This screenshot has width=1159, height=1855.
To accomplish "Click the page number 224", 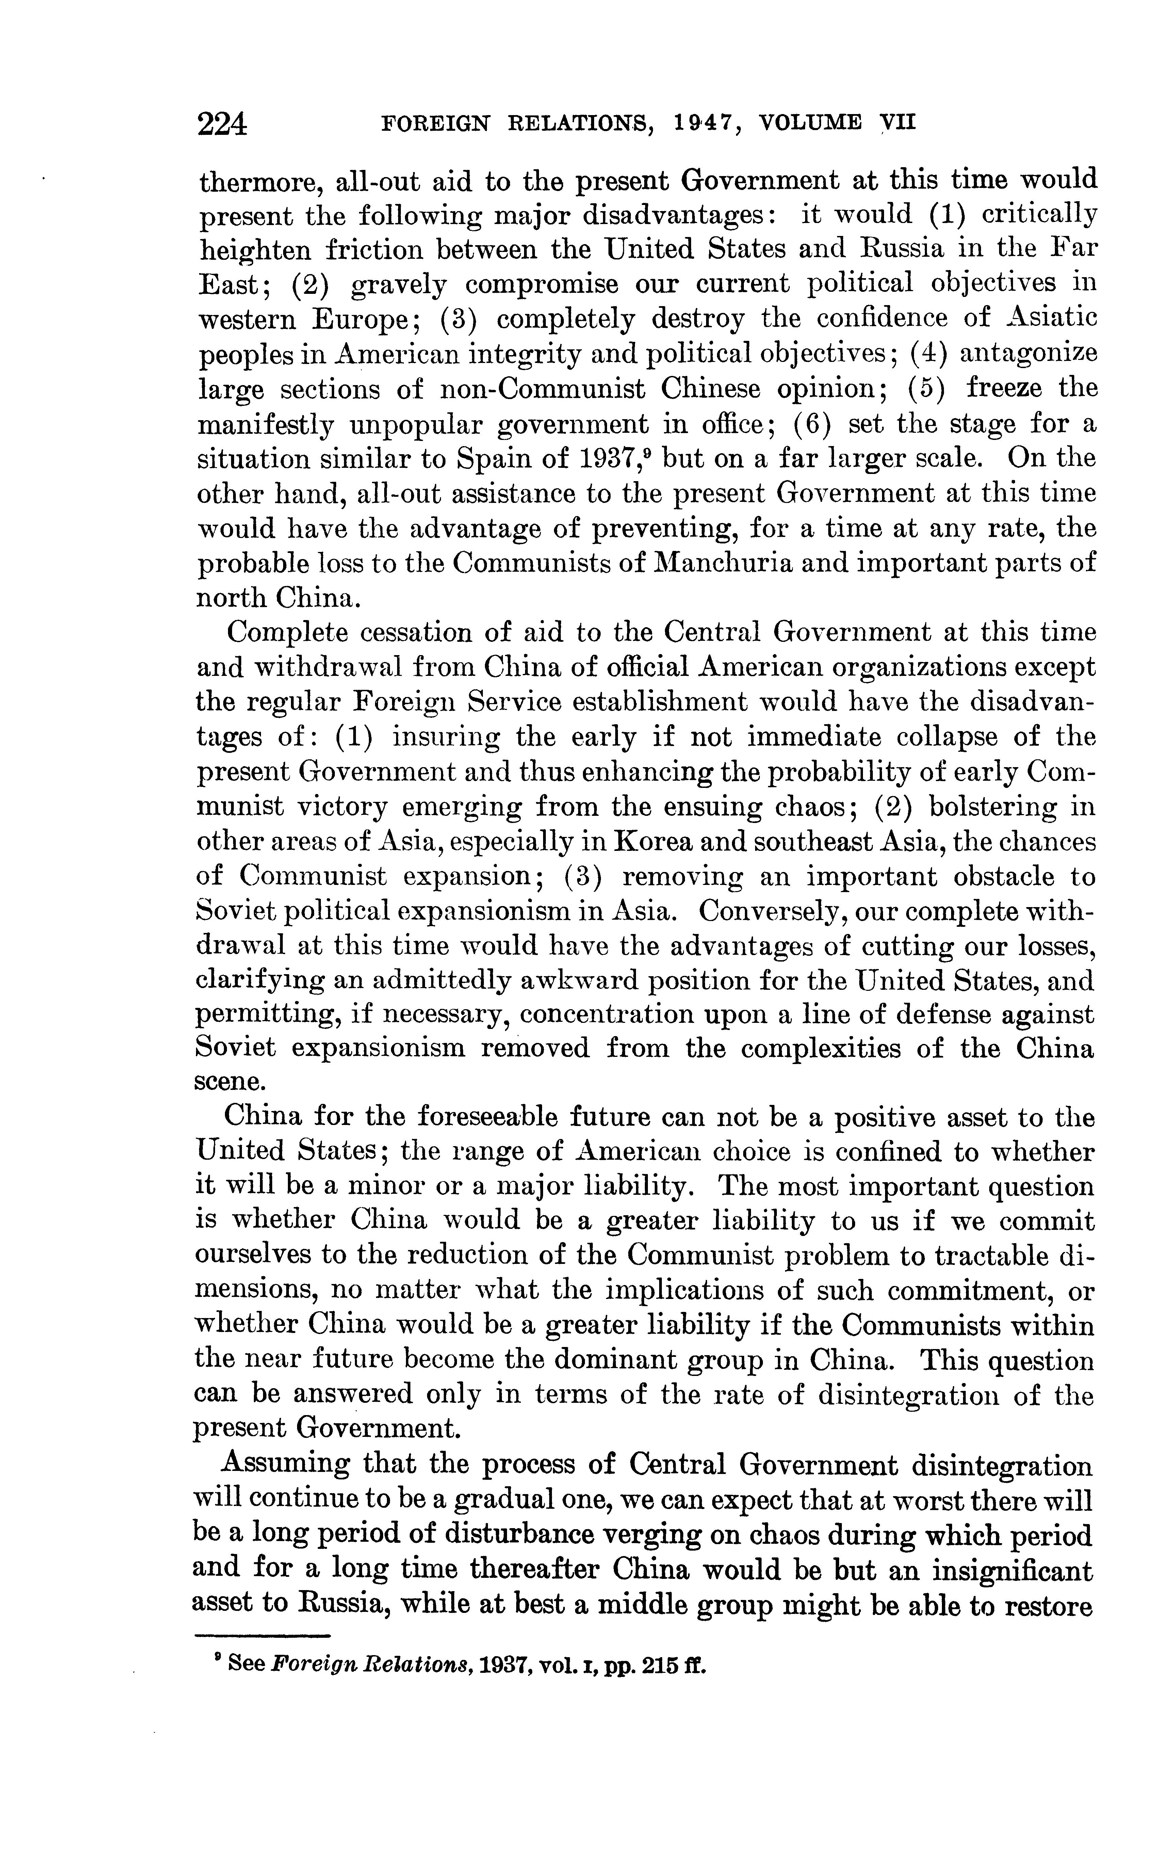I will [x=222, y=123].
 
